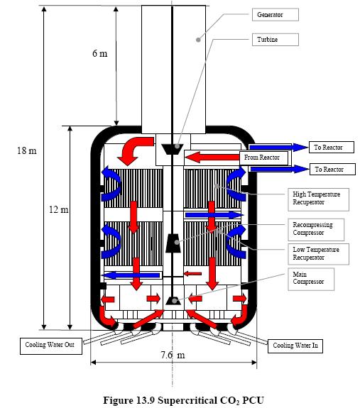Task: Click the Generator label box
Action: point(275,15)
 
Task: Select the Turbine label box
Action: point(275,40)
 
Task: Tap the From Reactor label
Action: point(263,158)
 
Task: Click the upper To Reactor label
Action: point(332,148)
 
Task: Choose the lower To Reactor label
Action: point(332,169)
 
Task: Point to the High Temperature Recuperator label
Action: point(318,199)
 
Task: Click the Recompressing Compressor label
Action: point(316,230)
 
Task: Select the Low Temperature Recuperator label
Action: point(318,254)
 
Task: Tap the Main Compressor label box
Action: point(311,279)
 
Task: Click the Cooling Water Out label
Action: point(51,346)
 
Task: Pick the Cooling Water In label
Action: point(295,346)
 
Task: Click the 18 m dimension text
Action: point(27,150)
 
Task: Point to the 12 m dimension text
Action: point(59,209)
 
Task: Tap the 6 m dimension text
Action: point(99,53)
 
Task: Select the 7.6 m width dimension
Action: point(173,355)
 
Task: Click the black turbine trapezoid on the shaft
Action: point(172,149)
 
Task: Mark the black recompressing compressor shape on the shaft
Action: point(173,243)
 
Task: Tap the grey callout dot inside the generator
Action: point(198,40)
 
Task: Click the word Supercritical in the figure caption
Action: point(185,400)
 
